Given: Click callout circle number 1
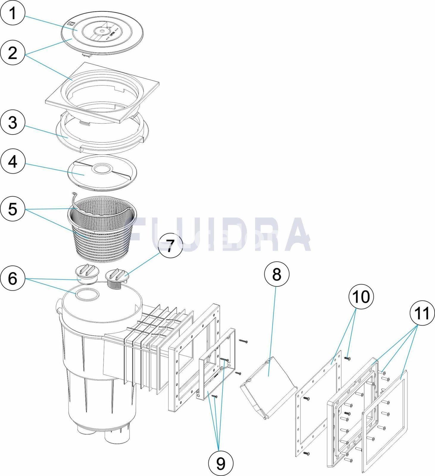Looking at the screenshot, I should (x=13, y=14).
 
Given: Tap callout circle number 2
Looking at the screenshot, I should (x=13, y=54).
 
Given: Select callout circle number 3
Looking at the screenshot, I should (x=13, y=123).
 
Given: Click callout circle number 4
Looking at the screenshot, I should (x=13, y=162).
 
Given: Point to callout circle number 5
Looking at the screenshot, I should (x=13, y=209).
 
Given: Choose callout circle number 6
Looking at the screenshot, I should (x=13, y=279).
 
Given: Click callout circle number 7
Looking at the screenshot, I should (x=170, y=246).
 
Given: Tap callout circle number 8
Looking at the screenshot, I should (x=276, y=274).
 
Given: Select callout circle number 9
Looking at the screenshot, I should (x=221, y=463).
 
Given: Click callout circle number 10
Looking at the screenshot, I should (x=361, y=297).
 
